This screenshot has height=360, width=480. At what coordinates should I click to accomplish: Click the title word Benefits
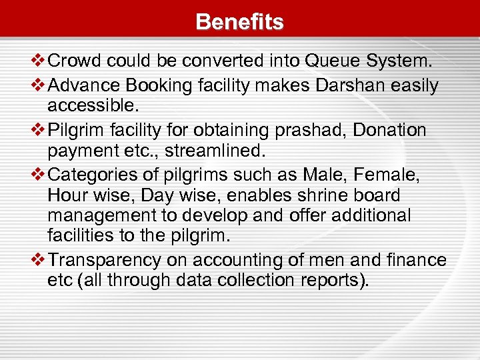pos(239,22)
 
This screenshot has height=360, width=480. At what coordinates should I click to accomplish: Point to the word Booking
pos(155,85)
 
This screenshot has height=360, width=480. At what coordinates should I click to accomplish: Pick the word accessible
pos(90,107)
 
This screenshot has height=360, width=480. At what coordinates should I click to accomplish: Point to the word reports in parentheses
pos(329,280)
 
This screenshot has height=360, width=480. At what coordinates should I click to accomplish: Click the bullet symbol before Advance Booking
pos(39,85)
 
